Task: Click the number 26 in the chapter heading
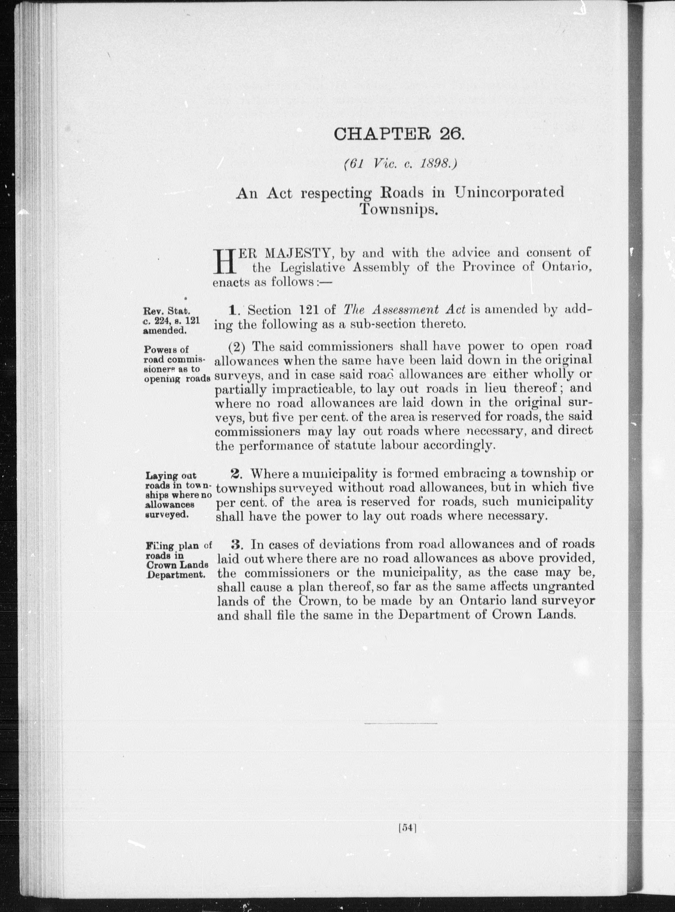pos(451,134)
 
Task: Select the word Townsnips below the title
pos(399,209)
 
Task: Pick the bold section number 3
pos(237,544)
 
